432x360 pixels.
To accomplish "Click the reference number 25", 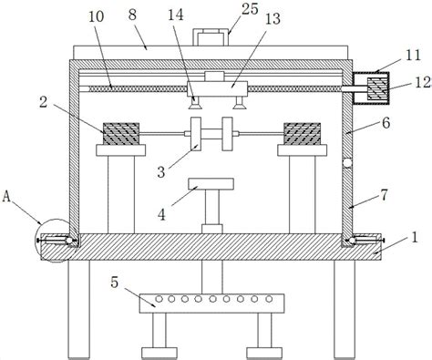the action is click(250, 9).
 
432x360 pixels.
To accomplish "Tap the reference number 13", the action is click(273, 18).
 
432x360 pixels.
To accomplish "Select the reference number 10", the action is click(97, 16).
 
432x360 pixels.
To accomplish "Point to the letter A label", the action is click(6, 197).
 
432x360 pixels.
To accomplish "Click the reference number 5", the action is click(114, 283).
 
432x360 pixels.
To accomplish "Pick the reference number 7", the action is click(385, 195).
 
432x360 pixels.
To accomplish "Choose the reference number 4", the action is click(161, 215).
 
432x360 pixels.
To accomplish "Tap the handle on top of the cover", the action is click(211, 37).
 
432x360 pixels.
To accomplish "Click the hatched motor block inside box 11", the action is click(377, 88).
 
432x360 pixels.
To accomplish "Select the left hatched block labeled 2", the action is click(121, 134).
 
